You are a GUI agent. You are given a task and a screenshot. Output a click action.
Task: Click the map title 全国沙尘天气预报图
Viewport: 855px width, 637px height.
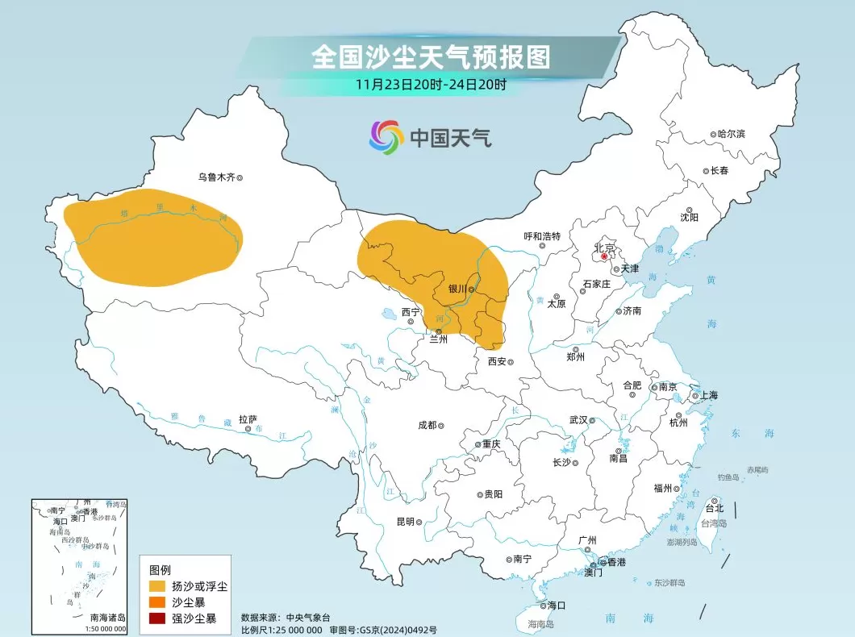tap(431, 57)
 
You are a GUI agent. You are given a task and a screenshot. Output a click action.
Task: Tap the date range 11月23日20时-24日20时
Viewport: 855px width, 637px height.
tap(432, 84)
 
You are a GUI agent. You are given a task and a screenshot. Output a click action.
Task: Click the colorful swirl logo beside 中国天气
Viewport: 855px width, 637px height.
tap(386, 137)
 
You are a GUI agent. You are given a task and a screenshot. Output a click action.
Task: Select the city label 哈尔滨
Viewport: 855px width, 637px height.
tap(731, 134)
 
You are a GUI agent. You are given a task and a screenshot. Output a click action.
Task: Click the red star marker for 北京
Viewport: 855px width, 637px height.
tap(605, 256)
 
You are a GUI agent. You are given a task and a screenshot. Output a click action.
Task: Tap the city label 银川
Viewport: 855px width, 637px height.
tap(457, 288)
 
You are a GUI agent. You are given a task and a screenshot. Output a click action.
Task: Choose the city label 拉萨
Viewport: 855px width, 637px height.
tap(248, 419)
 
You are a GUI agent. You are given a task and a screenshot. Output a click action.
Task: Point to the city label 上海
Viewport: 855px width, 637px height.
tap(709, 395)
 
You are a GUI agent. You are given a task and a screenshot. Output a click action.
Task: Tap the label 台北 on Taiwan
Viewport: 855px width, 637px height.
tap(715, 508)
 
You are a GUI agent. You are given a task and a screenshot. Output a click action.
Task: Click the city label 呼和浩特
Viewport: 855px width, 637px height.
tap(541, 236)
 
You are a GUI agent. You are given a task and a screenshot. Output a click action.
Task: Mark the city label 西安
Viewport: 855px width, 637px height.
tap(497, 362)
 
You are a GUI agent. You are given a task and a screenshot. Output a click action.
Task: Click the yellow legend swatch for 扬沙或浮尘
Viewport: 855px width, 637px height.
tap(156, 586)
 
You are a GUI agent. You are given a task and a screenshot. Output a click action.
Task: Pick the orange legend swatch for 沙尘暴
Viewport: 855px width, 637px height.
tap(156, 602)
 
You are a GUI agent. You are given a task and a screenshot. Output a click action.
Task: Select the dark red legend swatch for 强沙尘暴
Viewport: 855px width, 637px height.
tap(156, 618)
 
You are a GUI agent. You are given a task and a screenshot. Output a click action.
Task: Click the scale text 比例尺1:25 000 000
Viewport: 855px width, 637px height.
tap(282, 629)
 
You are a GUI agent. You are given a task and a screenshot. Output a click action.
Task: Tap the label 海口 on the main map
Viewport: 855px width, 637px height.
tap(556, 605)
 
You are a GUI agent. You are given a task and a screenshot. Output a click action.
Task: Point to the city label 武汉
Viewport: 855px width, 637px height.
tap(578, 419)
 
